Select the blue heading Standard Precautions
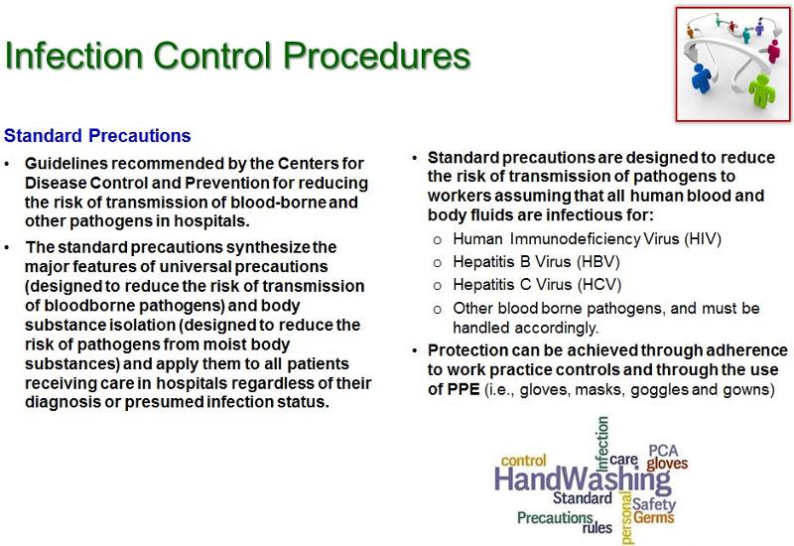[97, 134]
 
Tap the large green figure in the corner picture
[762, 88]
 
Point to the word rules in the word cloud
[596, 527]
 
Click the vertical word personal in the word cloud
[625, 518]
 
